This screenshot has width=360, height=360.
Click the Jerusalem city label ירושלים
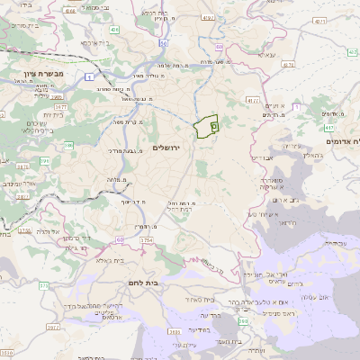click(167, 147)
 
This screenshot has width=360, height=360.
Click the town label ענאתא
click(266, 55)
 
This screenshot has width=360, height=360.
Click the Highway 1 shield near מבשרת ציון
click(92, 77)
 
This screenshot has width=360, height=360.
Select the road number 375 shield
click(43, 285)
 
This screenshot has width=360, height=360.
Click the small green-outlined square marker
click(214, 127)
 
